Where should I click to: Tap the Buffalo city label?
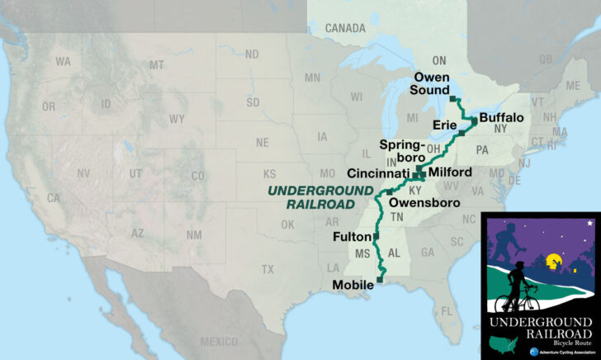(x=501, y=118)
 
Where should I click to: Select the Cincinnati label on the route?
(x=379, y=174)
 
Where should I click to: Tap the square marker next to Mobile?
(x=380, y=280)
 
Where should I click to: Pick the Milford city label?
(x=450, y=172)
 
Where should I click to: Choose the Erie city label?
(x=445, y=125)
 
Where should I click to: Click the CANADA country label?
(x=344, y=28)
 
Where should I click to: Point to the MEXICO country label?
(x=218, y=342)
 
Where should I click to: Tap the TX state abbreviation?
(x=267, y=270)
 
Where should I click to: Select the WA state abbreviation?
(x=63, y=62)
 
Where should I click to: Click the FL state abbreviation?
(x=447, y=310)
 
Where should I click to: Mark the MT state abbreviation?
(x=157, y=64)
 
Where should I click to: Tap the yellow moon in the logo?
(x=552, y=263)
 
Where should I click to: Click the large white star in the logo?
(x=589, y=223)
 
